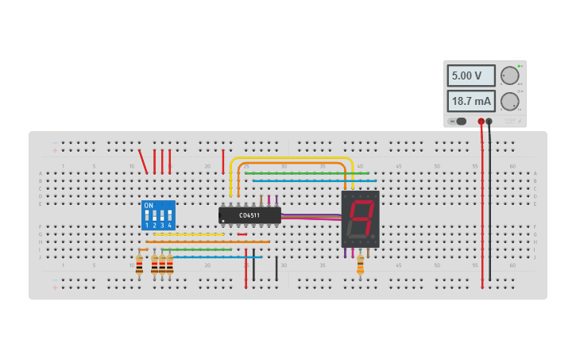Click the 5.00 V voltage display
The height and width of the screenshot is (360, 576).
[x=470, y=75]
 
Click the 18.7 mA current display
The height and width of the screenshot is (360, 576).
[x=470, y=101]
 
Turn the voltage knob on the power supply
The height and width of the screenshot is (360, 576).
[x=509, y=75]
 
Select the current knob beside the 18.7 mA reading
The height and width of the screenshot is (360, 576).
[x=509, y=101]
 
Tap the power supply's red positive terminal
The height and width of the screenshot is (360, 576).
[x=481, y=122]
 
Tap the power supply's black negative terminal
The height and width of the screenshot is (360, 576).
[x=489, y=122]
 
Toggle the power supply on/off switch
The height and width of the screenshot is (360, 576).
[x=458, y=122]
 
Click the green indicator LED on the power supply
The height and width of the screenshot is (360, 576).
[x=520, y=66]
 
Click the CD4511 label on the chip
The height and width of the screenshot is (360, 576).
[x=249, y=215]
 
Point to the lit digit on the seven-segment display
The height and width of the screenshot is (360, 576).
[x=361, y=218]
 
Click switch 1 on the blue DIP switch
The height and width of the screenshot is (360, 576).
[x=147, y=215]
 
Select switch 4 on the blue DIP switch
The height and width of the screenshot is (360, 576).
[x=169, y=215]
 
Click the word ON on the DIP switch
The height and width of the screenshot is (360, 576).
[x=149, y=205]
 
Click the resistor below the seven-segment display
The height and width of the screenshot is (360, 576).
[x=360, y=265]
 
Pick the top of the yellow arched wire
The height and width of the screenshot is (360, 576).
[x=290, y=158]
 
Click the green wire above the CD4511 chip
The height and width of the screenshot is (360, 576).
[x=306, y=173]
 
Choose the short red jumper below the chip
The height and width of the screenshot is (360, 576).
[x=242, y=234]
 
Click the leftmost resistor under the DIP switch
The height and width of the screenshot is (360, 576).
[x=139, y=265]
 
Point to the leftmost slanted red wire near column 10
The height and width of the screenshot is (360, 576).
[x=143, y=161]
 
